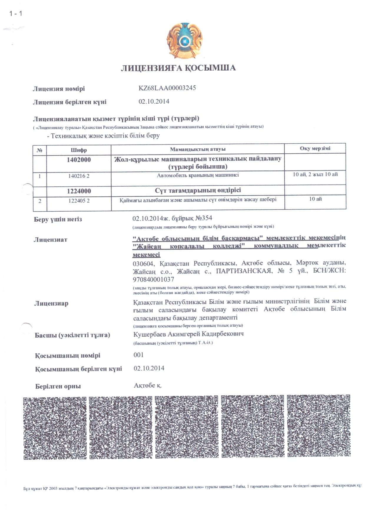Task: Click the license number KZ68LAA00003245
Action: pyautogui.click(x=167, y=88)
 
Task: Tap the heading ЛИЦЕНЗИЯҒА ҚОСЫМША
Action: pyautogui.click(x=178, y=68)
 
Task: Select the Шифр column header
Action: pyautogui.click(x=79, y=150)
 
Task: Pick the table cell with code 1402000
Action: pyautogui.click(x=79, y=160)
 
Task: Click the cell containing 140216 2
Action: pyautogui.click(x=79, y=176)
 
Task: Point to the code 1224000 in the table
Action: pyautogui.click(x=79, y=191)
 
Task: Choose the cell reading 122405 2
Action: pyautogui.click(x=79, y=201)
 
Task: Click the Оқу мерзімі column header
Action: pyautogui.click(x=315, y=148)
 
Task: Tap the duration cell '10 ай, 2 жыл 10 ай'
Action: pyautogui.click(x=315, y=174)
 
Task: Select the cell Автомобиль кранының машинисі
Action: pyautogui.click(x=198, y=175)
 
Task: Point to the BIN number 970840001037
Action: pyautogui.click(x=153, y=279)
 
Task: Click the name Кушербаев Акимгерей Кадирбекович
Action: pyautogui.click(x=188, y=334)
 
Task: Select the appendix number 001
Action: pyautogui.click(x=139, y=355)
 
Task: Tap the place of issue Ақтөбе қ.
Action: pyautogui.click(x=147, y=385)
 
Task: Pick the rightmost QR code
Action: pyautogui.click(x=319, y=426)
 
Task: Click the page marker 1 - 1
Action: pyautogui.click(x=16, y=14)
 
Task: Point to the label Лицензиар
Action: pyautogui.click(x=51, y=303)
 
